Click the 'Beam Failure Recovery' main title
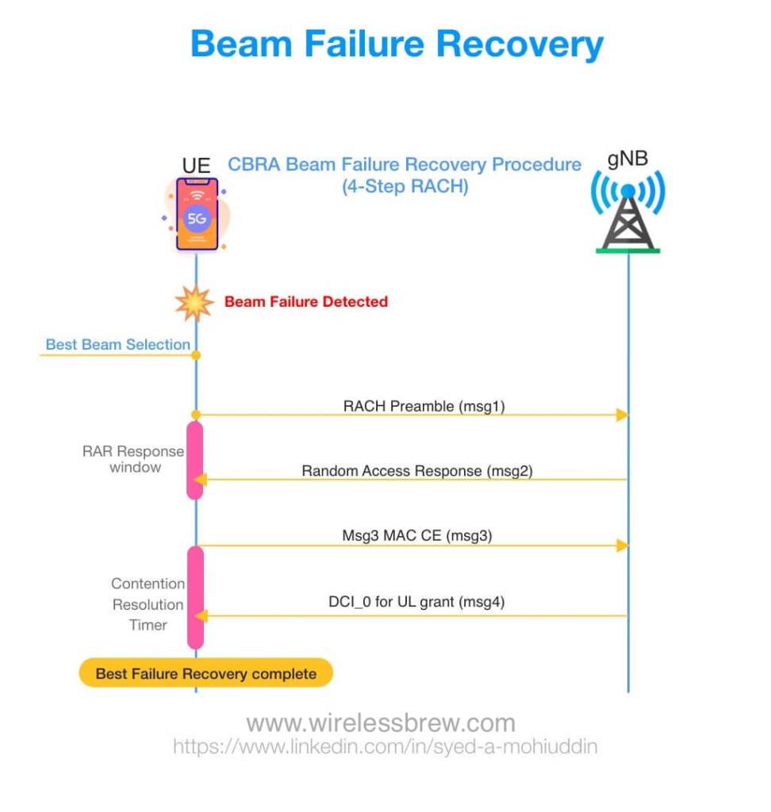[x=397, y=44]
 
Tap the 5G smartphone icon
[x=197, y=214]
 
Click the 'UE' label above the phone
[x=196, y=167]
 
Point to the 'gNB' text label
[x=628, y=158]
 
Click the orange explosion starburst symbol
[x=194, y=302]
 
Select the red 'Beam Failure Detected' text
[x=306, y=301]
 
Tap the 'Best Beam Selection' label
[x=117, y=344]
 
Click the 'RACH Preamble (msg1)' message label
[x=424, y=406]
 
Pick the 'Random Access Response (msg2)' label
[x=416, y=470]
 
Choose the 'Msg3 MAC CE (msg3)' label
[x=416, y=535]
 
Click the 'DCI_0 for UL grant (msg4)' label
[x=416, y=601]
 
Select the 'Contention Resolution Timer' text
[x=148, y=604]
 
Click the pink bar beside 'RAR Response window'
[x=195, y=460]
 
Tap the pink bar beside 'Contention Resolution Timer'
[x=195, y=596]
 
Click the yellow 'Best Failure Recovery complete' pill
[x=205, y=674]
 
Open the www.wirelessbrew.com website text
[x=380, y=723]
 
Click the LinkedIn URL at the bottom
[x=385, y=746]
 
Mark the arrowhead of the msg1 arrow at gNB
[x=623, y=415]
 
